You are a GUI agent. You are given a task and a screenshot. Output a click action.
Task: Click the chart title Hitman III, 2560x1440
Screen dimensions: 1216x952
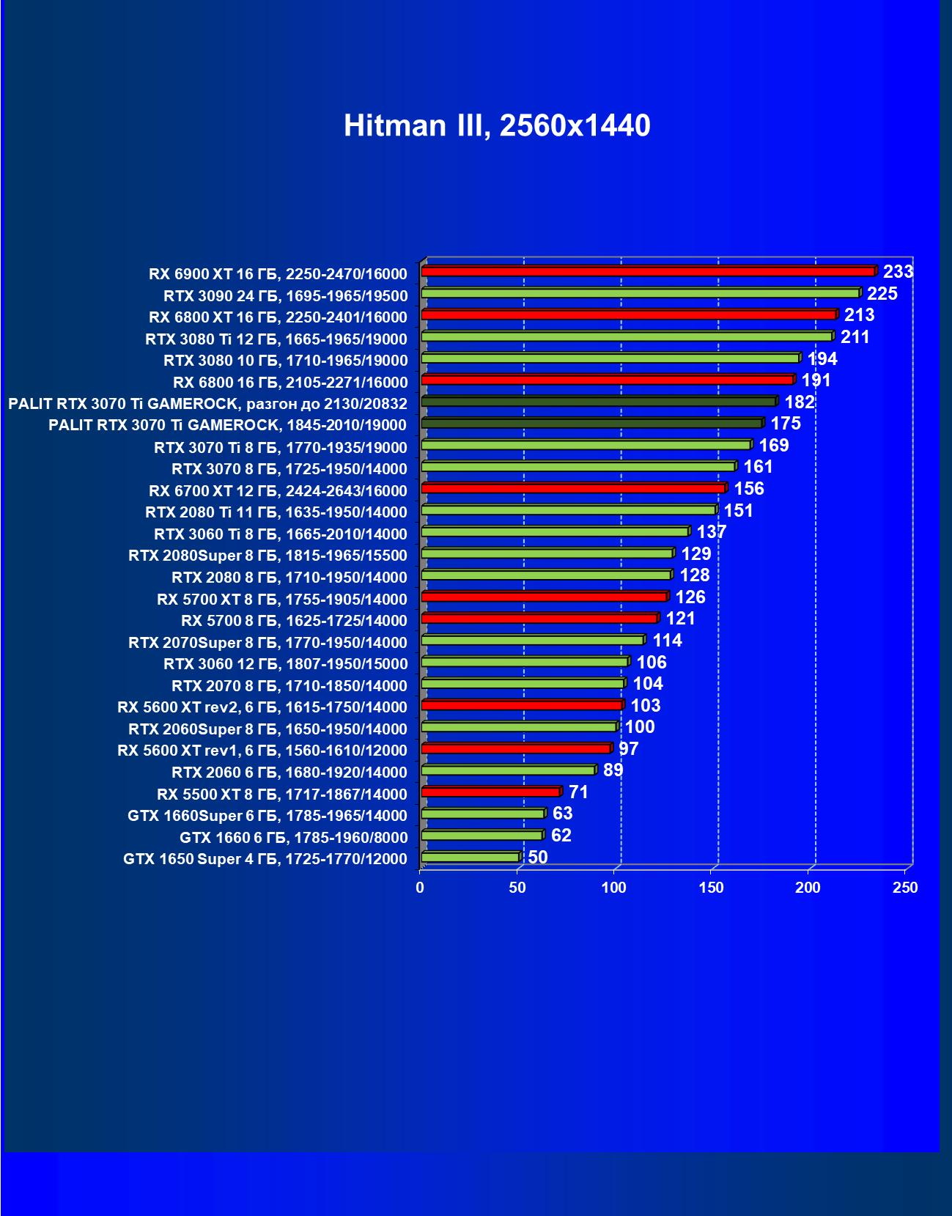tap(497, 125)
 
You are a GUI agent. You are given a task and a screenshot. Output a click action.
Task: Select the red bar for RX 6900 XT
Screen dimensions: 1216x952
tap(648, 271)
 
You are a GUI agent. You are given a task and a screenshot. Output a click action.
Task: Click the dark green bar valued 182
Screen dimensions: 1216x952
tap(599, 402)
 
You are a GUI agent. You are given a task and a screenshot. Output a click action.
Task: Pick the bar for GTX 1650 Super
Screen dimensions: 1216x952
tap(471, 857)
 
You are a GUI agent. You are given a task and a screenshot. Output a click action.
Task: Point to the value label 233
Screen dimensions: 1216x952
tap(898, 272)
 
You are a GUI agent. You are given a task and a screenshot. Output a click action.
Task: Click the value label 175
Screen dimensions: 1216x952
tap(785, 424)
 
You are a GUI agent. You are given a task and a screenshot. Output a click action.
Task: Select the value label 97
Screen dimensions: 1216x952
tap(628, 748)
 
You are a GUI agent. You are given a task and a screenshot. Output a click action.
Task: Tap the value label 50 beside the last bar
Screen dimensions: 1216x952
tap(537, 857)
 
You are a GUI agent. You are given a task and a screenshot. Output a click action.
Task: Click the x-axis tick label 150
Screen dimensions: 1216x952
tap(711, 888)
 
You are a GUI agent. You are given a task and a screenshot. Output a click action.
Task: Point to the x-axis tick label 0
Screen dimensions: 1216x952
tap(420, 888)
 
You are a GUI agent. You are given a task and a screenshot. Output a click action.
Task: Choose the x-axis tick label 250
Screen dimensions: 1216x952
tap(905, 888)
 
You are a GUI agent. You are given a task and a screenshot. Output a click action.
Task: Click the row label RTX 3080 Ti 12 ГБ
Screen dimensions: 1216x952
tap(276, 339)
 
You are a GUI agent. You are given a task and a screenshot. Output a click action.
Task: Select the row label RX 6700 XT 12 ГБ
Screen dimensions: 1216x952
tap(278, 491)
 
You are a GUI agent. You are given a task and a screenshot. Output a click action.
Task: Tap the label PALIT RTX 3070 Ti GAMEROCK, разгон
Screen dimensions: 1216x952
tap(207, 404)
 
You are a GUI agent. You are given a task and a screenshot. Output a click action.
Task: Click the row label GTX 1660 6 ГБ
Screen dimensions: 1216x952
tap(293, 838)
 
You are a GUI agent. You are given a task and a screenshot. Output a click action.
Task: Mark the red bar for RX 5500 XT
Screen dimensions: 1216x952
tap(490, 792)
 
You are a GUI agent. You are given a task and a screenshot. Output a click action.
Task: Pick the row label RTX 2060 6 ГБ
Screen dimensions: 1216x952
tap(289, 773)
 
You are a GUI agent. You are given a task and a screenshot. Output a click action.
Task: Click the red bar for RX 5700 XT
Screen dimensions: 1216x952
tap(544, 597)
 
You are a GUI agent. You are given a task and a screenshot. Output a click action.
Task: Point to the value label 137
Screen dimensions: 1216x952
tap(711, 532)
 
